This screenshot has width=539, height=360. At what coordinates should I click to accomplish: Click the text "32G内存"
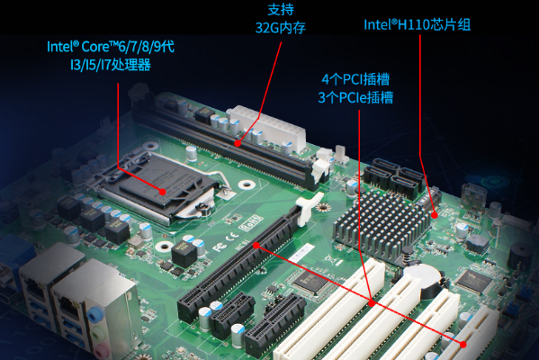point(280,28)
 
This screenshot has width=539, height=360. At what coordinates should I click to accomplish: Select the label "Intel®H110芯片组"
point(417,24)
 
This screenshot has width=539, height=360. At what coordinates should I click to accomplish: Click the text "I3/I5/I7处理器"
point(111,64)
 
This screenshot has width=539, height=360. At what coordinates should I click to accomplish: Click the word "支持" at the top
point(280,10)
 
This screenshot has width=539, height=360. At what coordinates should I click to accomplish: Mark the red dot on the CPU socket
point(162,191)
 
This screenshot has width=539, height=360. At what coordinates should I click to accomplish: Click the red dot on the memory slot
point(237,142)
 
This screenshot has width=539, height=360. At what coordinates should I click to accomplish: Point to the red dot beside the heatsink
point(435,216)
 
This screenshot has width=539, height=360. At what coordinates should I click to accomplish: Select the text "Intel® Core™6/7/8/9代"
point(111,46)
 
